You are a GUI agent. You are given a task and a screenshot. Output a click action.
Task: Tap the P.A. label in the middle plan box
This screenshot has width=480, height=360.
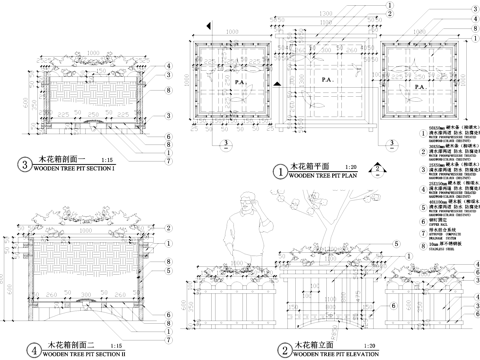click(x=322, y=76)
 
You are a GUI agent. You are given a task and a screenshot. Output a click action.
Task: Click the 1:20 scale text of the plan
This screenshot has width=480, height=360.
click(x=350, y=167)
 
